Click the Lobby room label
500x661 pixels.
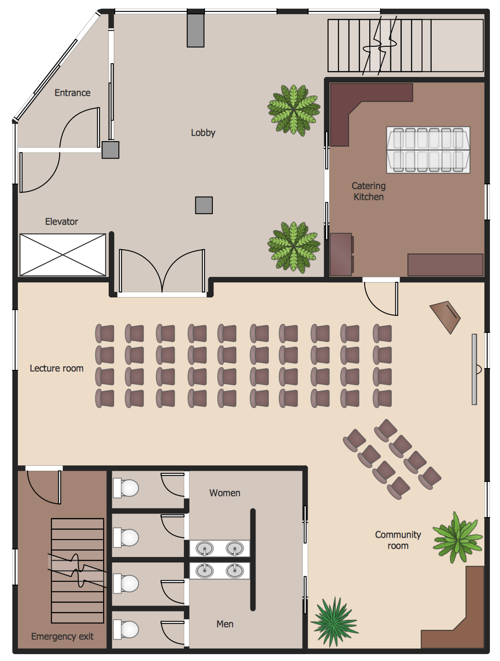coord(203,133)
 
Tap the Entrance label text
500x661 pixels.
coord(72,93)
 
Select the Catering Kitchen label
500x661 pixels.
coord(368,191)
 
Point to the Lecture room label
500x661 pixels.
coord(56,368)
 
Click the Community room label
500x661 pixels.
coord(398,540)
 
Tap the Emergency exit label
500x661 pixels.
coord(62,636)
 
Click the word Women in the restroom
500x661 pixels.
coord(225,493)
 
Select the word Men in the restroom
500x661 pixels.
coord(225,624)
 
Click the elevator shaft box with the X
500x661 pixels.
coord(63,255)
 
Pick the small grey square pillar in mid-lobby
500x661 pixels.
coord(204,205)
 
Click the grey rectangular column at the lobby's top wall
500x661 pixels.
coord(195,30)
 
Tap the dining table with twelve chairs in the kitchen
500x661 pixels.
coord(428,150)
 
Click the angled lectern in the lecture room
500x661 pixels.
coord(445,317)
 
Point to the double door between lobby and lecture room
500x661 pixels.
coord(162,270)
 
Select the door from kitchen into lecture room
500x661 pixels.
coord(381,298)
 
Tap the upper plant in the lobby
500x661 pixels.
coord(294,110)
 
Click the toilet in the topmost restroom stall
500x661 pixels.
coord(126,488)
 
